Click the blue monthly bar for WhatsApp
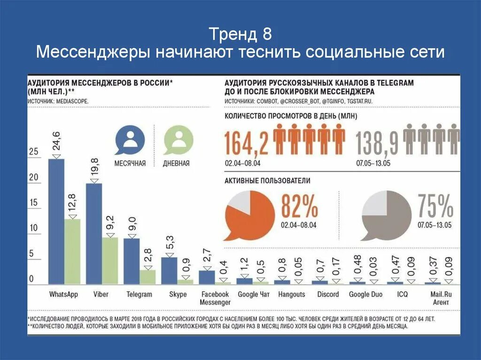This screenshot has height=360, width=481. pos(56,221)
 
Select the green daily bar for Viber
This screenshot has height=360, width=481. pos(110,260)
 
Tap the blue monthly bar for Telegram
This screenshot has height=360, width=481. pos(132,261)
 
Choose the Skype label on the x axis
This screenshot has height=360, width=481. pos(178,294)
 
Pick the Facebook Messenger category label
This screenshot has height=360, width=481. pos(215,298)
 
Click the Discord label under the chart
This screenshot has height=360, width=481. pos(328,294)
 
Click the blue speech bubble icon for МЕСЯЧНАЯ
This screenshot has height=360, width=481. pos(130,140)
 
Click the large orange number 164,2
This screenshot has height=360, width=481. pos(246,143)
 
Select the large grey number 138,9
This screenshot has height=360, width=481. pos(377,143)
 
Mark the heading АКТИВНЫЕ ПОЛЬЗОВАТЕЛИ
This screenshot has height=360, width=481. pos(267,180)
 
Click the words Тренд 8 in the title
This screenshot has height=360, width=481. pos(240,34)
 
